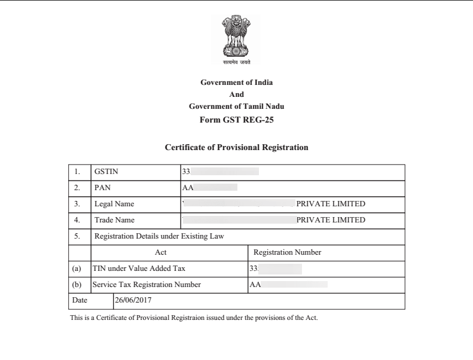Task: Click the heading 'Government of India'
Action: click(x=236, y=83)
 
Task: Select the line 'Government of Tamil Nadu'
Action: click(x=236, y=106)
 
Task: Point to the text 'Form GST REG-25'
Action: click(x=236, y=120)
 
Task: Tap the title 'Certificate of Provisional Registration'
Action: click(x=236, y=147)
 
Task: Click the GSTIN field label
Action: click(x=106, y=172)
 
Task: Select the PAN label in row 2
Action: click(x=102, y=188)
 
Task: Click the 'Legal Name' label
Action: click(x=114, y=204)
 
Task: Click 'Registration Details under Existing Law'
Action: click(x=159, y=236)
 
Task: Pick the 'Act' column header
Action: click(x=160, y=252)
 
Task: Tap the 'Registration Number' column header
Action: click(x=287, y=252)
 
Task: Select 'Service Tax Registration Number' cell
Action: click(x=146, y=285)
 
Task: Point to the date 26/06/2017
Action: click(x=135, y=300)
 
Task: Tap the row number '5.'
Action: click(x=77, y=236)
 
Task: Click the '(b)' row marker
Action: click(x=77, y=285)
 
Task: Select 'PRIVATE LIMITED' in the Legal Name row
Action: click(x=331, y=204)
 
